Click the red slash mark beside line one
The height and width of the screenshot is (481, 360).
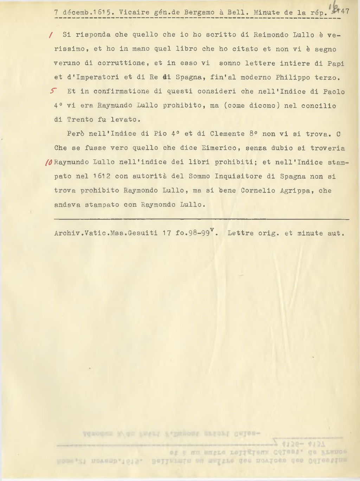[x=51, y=35]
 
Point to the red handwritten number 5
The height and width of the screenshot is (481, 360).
[x=52, y=91]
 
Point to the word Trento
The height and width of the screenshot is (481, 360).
[x=80, y=120]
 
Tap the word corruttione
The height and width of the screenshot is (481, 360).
[x=121, y=63]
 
